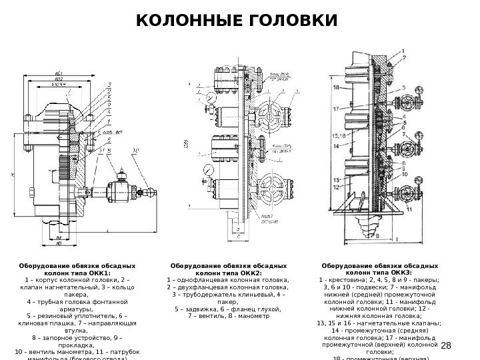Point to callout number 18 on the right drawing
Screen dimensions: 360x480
point(337,87)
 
